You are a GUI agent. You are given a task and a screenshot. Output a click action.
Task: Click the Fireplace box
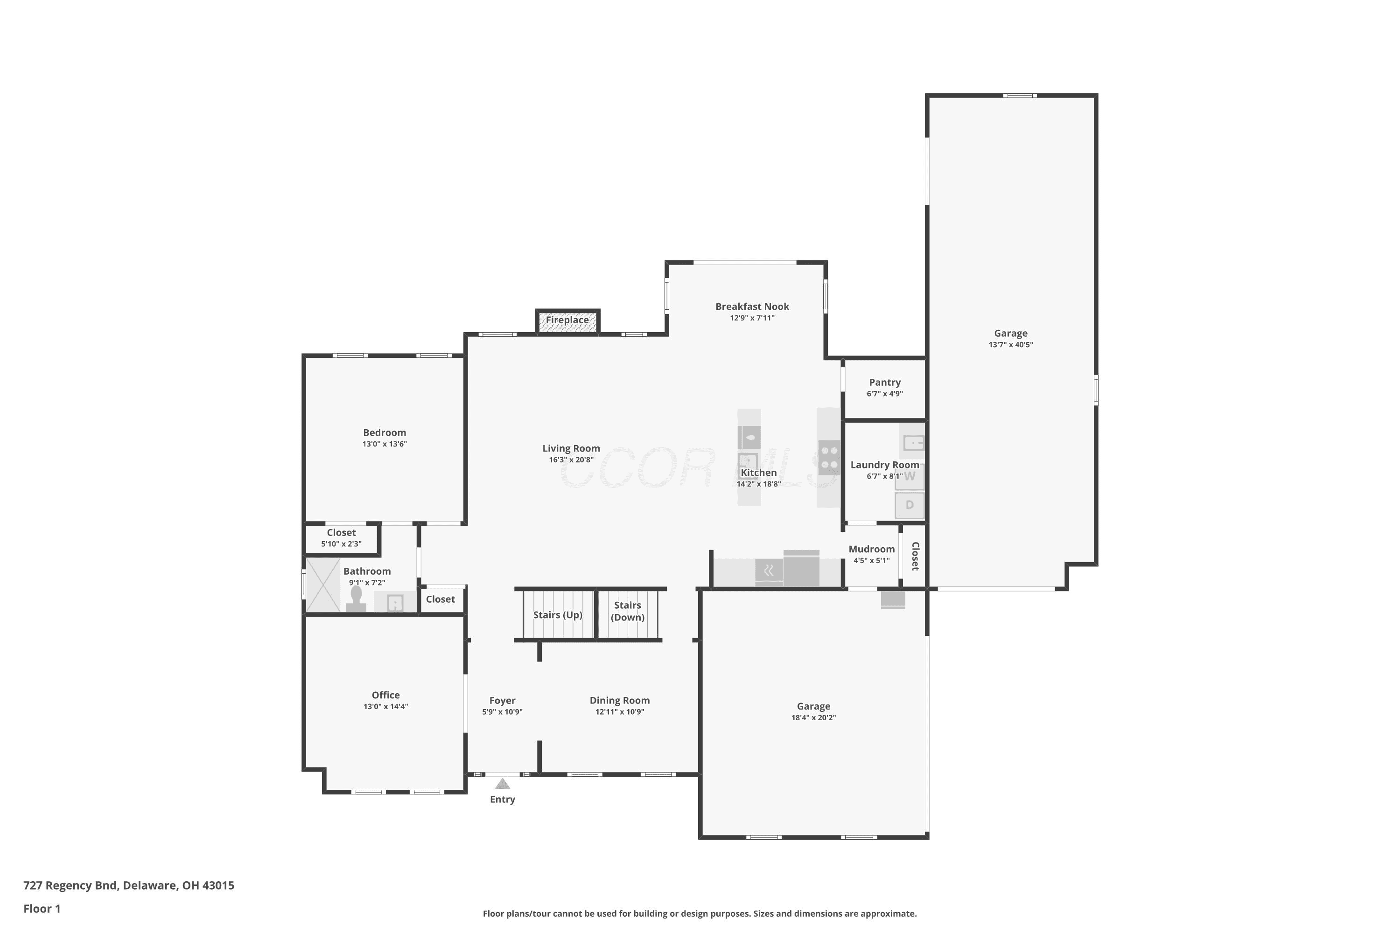[568, 322]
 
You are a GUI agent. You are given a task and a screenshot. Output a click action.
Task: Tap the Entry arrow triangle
[503, 784]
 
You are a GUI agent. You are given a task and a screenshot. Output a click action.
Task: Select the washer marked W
[910, 477]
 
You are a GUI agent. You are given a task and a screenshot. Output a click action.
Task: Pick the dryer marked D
[910, 505]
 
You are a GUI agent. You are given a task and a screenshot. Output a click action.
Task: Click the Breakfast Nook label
[752, 306]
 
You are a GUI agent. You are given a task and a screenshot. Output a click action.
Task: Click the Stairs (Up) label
[558, 615]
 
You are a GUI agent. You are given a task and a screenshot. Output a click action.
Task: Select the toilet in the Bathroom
[356, 599]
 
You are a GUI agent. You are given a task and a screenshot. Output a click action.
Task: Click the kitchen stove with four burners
[829, 458]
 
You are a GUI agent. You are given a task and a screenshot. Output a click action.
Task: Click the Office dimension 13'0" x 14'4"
[386, 706]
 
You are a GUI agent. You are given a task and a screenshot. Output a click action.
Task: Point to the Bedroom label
[385, 432]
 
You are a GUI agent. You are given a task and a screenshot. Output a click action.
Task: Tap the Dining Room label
[620, 700]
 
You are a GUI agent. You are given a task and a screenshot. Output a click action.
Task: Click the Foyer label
[503, 700]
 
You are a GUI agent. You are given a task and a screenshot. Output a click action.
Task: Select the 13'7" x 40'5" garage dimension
[1011, 345]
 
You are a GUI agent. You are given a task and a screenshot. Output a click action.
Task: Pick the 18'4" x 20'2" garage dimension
[814, 717]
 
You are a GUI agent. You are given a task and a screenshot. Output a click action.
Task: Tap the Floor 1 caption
[42, 909]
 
